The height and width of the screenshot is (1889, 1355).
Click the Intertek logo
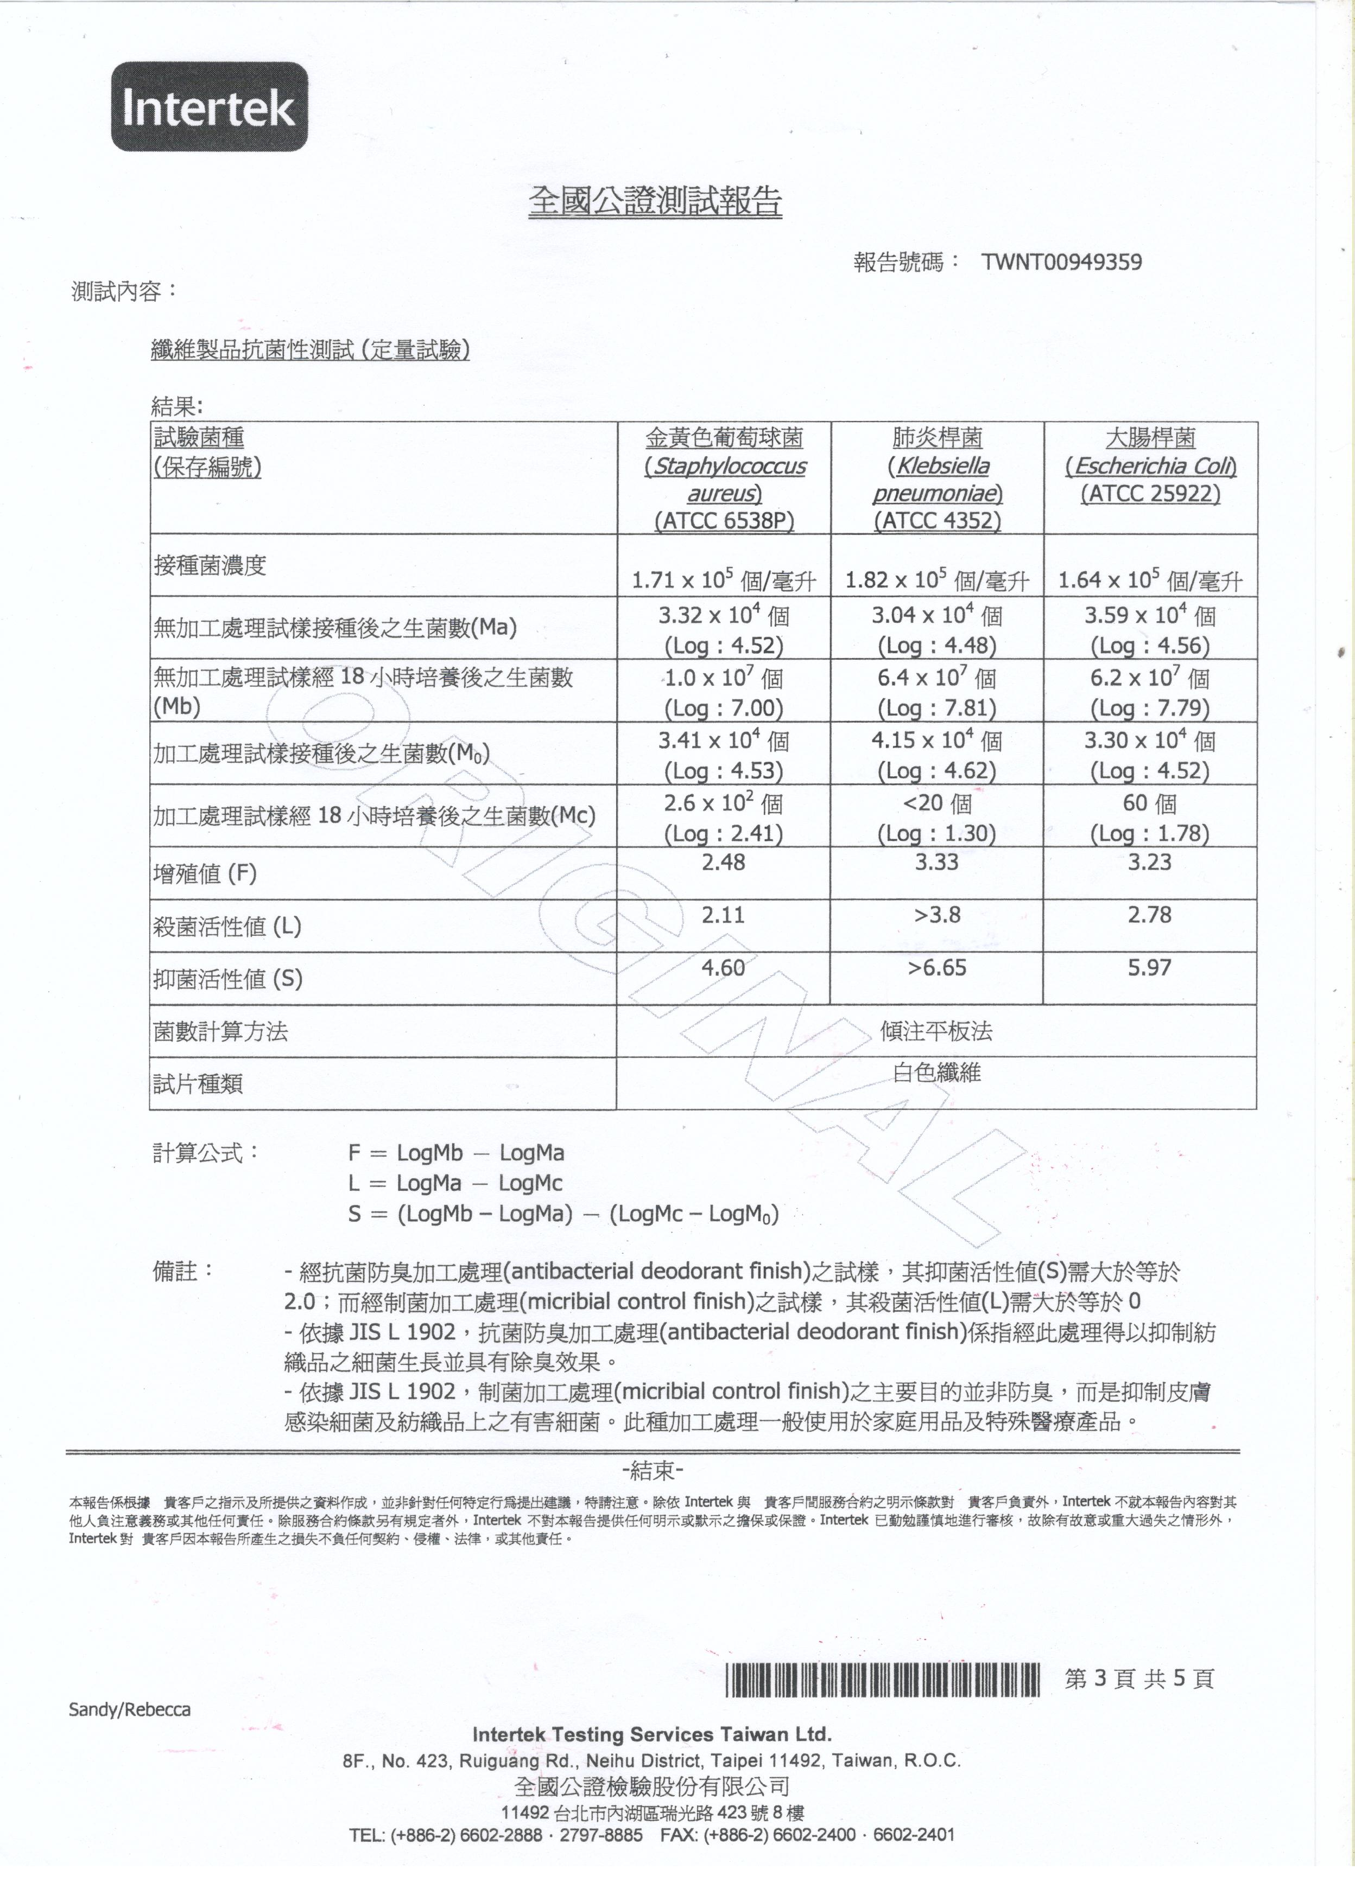(209, 107)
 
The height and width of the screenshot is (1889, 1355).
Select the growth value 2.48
(723, 862)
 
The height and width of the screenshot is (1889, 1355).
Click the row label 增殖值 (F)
(205, 874)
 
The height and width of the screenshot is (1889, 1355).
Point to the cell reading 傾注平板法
(936, 1031)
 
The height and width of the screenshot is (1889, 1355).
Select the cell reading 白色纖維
(936, 1073)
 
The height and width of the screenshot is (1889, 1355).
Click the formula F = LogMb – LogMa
(456, 1153)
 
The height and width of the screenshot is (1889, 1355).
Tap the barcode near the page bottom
(883, 1680)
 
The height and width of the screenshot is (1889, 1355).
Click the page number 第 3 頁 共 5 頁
(1139, 1679)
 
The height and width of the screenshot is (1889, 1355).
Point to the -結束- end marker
(653, 1471)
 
